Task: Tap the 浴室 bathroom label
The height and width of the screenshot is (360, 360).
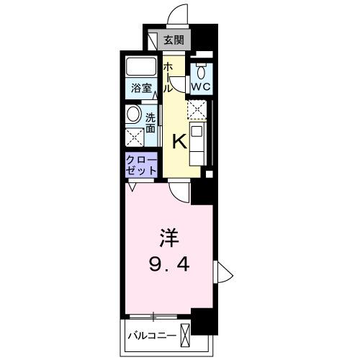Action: point(141,89)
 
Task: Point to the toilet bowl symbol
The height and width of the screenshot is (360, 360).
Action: point(201,71)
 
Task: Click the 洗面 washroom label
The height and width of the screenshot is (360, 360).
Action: point(150,122)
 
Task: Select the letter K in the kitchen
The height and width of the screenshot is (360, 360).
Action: point(179,142)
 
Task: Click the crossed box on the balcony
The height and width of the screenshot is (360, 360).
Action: point(186,335)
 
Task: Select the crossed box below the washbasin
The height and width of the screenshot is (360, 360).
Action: point(133,138)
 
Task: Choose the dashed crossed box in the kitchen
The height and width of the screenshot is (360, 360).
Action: point(197,109)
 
